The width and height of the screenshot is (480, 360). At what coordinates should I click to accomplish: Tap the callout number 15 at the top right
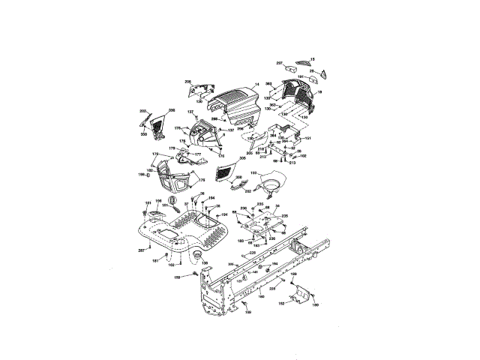[x=313, y=58]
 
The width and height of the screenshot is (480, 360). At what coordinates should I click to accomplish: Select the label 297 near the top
[x=280, y=63]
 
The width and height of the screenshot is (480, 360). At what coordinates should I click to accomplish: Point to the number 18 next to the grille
[x=319, y=91]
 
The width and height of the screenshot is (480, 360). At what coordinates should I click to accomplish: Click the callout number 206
[x=187, y=81]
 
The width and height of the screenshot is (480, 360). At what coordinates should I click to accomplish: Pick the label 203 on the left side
[x=142, y=111]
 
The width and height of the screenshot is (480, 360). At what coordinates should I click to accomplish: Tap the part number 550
[x=144, y=134]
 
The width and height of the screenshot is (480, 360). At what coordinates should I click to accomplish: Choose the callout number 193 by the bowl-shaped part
[x=253, y=172]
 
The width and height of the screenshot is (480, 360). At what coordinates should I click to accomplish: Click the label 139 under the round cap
[x=205, y=263]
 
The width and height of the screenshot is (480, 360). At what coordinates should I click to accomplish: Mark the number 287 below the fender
[x=142, y=250]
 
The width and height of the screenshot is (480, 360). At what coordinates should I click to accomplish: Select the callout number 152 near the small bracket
[x=281, y=304]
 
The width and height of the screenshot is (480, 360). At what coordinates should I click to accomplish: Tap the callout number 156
[x=158, y=201]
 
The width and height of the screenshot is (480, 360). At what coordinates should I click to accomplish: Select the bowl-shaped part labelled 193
[x=271, y=183]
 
